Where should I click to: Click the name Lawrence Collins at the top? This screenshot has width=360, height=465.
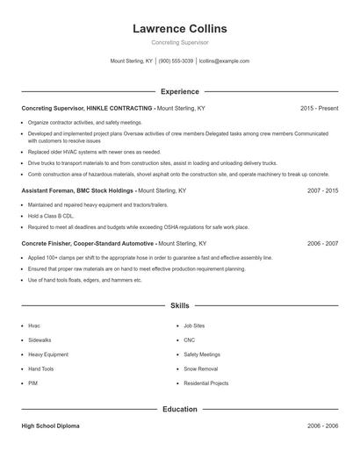point(179,28)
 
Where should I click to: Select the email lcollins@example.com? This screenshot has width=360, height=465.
point(224,61)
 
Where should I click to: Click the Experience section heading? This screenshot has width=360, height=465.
point(179,91)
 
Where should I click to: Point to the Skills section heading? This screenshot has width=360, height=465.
point(179,305)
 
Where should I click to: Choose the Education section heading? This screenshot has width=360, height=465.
point(179,409)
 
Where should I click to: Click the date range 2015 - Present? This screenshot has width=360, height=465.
point(319,108)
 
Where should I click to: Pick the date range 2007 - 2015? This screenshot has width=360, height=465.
point(322,190)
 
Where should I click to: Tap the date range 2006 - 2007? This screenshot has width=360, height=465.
point(322,243)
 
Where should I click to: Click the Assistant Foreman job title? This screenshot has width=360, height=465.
point(77,190)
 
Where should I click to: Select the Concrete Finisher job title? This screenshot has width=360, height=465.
point(87,243)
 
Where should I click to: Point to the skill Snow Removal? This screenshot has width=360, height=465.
point(200,368)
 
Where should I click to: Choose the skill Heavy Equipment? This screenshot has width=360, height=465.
point(47,354)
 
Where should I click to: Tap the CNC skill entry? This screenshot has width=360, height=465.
point(189,340)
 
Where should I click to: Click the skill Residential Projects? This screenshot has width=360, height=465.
point(205,383)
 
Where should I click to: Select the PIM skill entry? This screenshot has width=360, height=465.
point(33,383)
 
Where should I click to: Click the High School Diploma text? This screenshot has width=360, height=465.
point(50,426)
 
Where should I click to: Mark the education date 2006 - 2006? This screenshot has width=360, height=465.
point(322,426)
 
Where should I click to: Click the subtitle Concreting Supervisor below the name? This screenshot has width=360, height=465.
point(179,42)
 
